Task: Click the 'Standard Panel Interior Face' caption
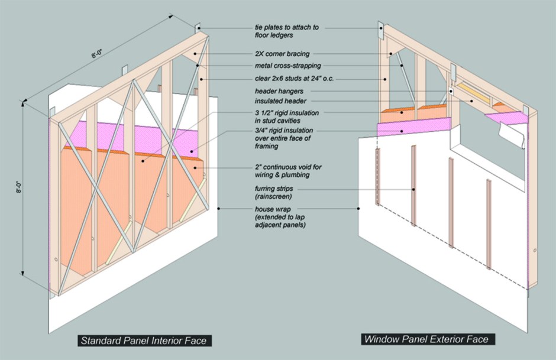(145, 340)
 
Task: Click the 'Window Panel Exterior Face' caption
(426, 339)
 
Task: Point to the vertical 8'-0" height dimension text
(20, 189)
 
